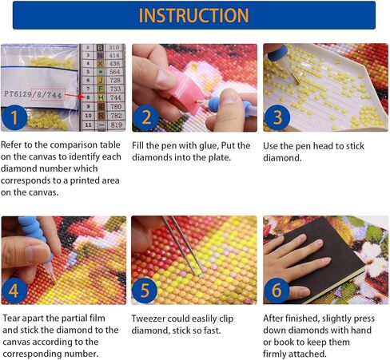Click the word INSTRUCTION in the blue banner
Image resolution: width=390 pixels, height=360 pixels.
point(193,15)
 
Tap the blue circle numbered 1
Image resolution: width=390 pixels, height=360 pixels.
point(14,117)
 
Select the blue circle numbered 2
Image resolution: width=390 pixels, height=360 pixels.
point(145,118)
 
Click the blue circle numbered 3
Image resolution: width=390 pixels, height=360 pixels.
point(277,117)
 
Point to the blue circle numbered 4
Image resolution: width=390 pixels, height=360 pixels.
point(14,291)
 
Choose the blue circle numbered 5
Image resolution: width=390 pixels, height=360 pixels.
point(145,291)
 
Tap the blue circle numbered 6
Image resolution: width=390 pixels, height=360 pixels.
point(277,291)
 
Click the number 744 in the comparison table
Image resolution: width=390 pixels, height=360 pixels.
point(115,97)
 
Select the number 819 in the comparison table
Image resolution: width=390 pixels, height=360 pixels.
point(116,125)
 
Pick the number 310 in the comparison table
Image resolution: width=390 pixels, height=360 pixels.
point(113,47)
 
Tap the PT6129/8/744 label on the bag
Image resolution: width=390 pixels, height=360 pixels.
point(33,95)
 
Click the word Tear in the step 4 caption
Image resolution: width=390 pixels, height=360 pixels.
point(12,318)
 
